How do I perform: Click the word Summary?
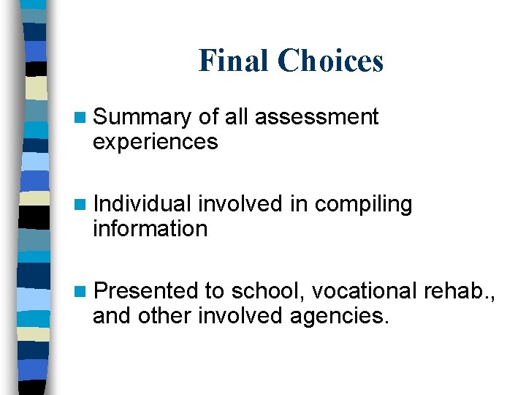point(142,118)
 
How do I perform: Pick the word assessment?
point(317,117)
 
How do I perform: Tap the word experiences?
point(155,141)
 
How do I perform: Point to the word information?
point(150,228)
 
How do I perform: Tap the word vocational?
point(365,291)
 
